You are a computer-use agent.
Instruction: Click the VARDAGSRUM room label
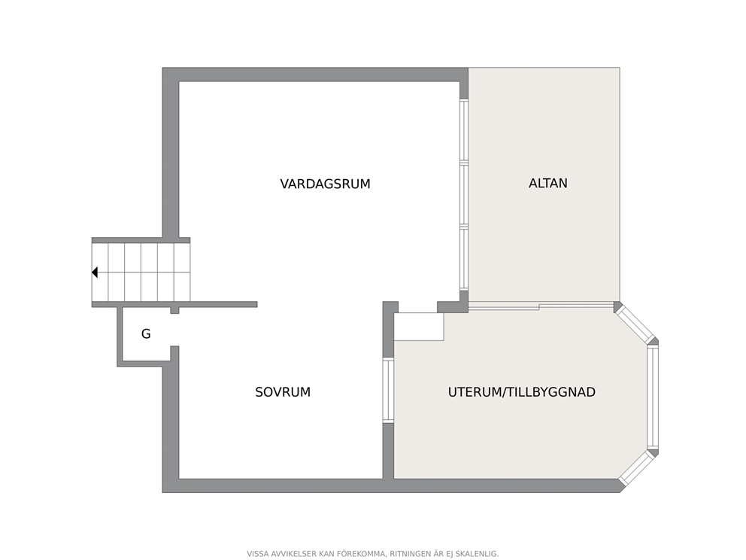[325, 184]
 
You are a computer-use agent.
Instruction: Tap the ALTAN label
[547, 184]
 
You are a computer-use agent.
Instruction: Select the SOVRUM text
[283, 392]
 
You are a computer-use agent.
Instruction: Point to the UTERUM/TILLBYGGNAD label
[521, 392]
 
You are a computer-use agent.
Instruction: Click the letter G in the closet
[146, 333]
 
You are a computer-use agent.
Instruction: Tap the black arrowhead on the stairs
[95, 272]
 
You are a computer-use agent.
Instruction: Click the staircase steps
[141, 272]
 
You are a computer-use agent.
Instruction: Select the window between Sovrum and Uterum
[389, 391]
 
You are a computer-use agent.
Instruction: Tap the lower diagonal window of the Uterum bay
[638, 467]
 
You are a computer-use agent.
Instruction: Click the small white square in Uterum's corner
[419, 327]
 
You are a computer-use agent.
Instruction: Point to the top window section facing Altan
[464, 130]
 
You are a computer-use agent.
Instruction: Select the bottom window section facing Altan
[464, 257]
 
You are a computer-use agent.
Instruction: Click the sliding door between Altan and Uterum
[541, 306]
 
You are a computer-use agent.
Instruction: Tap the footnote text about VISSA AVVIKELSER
[372, 554]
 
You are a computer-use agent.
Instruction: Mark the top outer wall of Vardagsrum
[315, 75]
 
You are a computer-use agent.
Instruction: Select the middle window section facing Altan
[464, 193]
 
